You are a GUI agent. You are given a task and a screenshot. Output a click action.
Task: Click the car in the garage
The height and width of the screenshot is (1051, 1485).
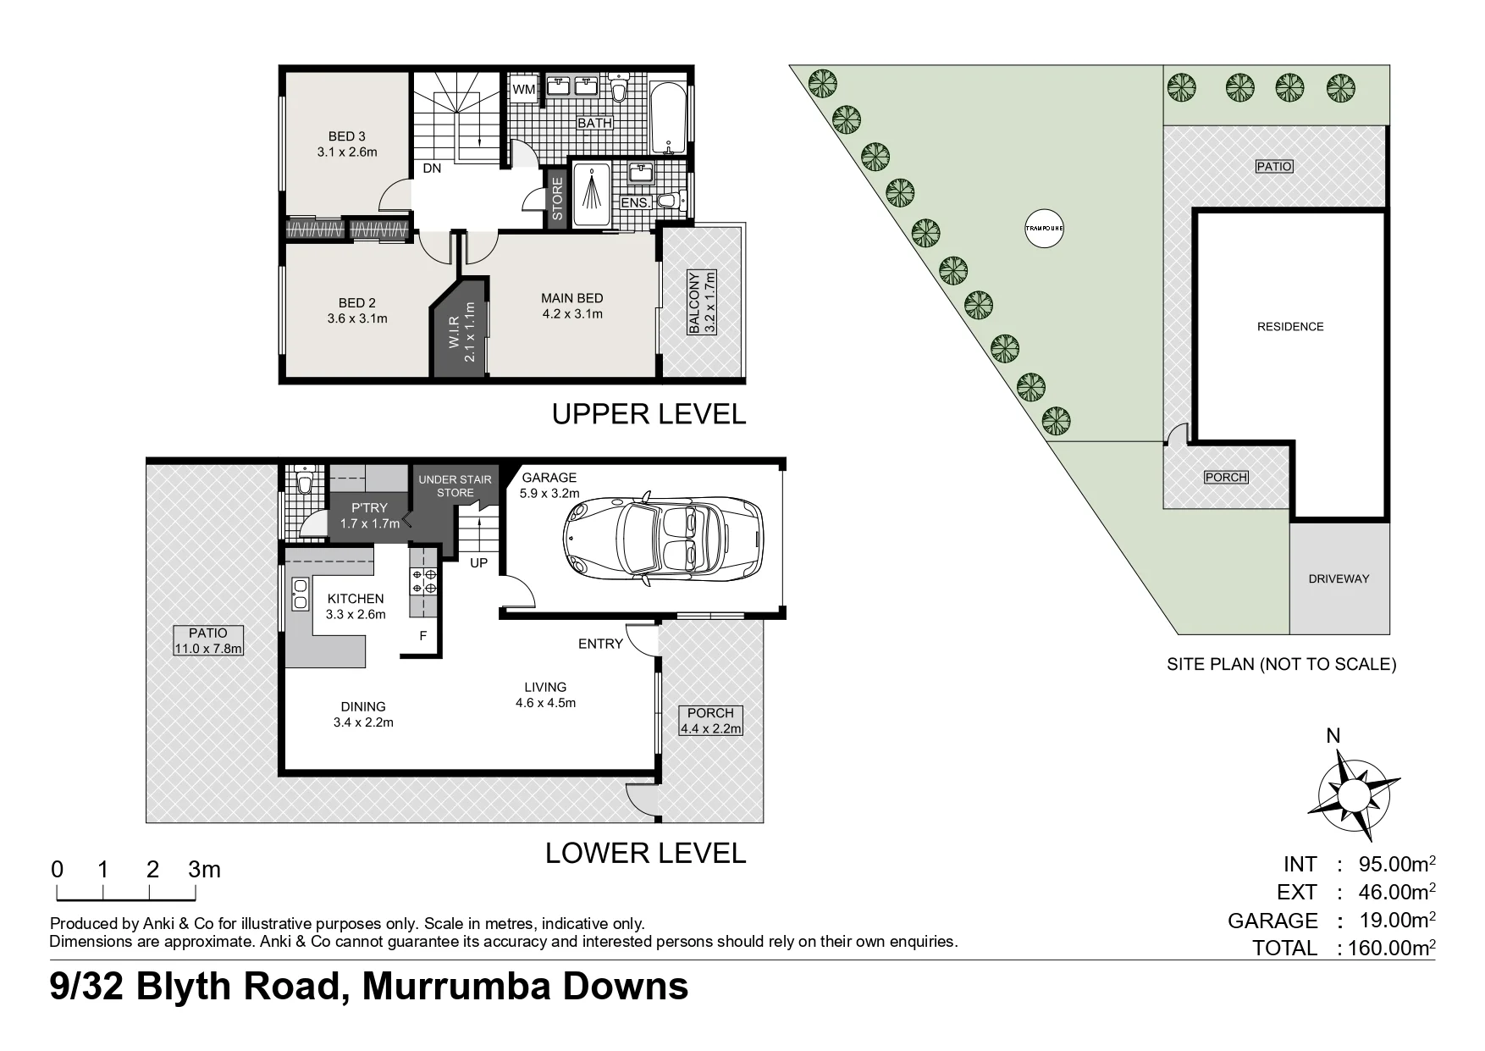pyautogui.click(x=663, y=538)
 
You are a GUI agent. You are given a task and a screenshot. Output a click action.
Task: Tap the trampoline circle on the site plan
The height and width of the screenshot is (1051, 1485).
pyautogui.click(x=1044, y=228)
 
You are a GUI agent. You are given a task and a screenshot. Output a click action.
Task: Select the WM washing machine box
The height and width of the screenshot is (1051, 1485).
pyautogui.click(x=523, y=89)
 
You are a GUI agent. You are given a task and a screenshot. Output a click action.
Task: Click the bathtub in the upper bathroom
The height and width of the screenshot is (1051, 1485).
pyautogui.click(x=669, y=117)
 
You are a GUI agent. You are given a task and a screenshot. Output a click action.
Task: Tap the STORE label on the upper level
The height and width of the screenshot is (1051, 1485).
pyautogui.click(x=557, y=198)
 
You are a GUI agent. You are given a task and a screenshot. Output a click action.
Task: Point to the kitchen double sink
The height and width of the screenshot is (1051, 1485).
pyautogui.click(x=299, y=594)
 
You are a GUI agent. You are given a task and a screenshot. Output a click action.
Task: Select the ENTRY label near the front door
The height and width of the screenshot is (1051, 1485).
pyautogui.click(x=600, y=644)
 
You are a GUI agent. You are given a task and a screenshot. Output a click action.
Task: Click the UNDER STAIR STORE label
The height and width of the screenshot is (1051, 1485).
pyautogui.click(x=455, y=486)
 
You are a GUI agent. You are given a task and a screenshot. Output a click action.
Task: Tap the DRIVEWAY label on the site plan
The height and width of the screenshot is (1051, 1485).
pyautogui.click(x=1339, y=578)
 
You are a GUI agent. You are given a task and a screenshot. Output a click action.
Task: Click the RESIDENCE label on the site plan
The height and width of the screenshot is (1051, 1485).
pyautogui.click(x=1290, y=326)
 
